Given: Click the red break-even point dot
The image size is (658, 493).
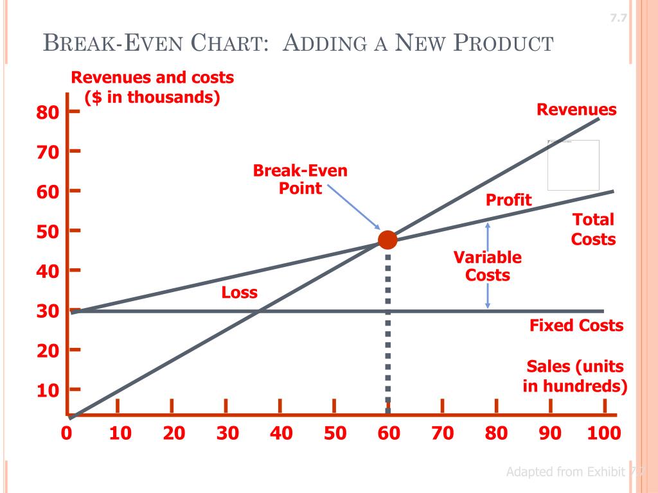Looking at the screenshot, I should click(387, 239).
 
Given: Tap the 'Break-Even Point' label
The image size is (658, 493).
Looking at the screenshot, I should click(300, 180).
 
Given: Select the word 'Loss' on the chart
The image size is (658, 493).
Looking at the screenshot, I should click(240, 293).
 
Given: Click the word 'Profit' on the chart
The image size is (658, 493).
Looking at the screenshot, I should click(509, 200).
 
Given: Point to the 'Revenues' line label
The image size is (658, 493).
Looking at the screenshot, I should click(576, 110).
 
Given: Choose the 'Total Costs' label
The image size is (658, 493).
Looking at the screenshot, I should click(594, 229).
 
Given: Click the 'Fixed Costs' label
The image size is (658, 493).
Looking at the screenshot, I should click(576, 325).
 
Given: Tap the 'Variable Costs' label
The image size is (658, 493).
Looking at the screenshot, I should click(488, 266).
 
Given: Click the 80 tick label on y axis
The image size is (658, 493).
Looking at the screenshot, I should click(48, 113).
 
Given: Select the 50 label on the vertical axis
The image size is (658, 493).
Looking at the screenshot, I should click(48, 231).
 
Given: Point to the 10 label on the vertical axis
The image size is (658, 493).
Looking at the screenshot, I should click(48, 390).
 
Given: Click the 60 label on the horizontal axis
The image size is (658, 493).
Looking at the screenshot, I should click(388, 433).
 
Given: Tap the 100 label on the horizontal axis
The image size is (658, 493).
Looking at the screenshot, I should click(604, 433).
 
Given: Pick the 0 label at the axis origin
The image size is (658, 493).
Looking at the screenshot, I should click(66, 433).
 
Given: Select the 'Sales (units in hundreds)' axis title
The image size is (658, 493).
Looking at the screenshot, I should click(575, 376).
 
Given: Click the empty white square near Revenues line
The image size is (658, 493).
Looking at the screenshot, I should click(573, 165).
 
